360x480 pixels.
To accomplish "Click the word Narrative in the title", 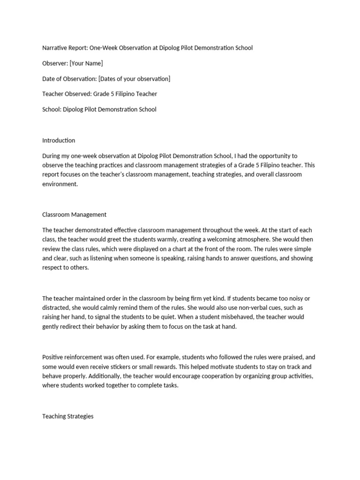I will pos(55,48).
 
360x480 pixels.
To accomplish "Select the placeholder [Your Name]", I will pos(86,63).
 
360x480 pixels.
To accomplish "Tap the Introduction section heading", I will pos(59,140).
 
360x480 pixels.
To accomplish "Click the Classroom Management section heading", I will pos(75,214).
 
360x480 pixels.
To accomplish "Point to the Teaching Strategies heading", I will pos(68,416).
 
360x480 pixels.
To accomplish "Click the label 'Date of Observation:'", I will pos(69,78).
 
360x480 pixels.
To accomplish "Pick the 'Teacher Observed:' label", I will pos(67,94).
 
